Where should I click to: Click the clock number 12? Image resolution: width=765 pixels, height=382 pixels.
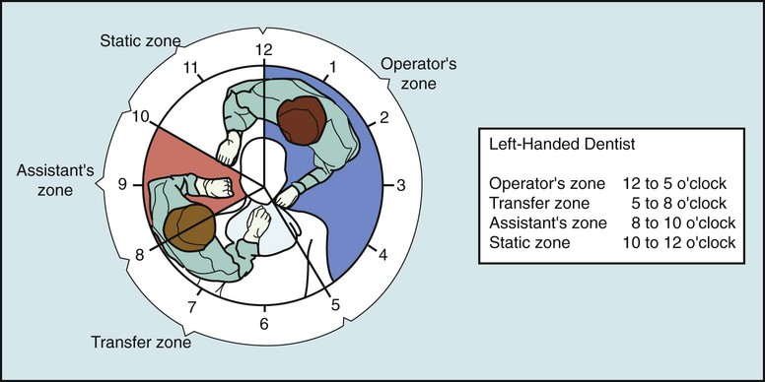(263, 49)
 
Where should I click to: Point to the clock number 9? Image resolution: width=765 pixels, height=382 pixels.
(121, 184)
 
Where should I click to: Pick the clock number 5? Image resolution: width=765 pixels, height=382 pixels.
(335, 304)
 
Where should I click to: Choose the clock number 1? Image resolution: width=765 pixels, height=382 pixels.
(332, 66)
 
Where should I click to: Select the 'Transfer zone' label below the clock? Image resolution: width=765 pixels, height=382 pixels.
(140, 344)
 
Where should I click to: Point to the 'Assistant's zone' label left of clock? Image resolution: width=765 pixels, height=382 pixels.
(54, 178)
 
